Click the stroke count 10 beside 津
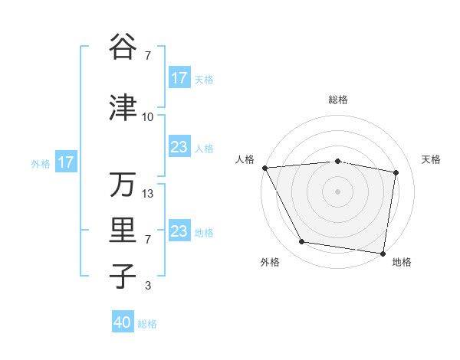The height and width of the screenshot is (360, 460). [147, 117]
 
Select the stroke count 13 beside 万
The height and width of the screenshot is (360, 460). [148, 194]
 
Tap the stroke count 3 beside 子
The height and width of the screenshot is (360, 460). [148, 286]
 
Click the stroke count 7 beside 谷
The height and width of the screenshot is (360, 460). [148, 56]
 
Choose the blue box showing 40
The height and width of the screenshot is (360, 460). [123, 323]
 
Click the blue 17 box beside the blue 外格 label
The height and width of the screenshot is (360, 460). [66, 162]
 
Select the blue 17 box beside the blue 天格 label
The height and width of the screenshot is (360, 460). [179, 78]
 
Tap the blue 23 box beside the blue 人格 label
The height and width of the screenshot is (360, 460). [179, 147]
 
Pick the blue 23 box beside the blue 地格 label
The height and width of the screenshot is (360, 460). [179, 231]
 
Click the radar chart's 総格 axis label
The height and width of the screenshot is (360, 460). [338, 100]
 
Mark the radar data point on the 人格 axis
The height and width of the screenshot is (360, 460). [264, 168]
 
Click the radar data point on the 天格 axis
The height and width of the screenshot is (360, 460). [396, 172]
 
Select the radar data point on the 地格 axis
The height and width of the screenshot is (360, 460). [383, 253]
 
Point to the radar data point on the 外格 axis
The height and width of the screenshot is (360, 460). [301, 242]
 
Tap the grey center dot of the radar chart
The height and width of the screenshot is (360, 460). [338, 191]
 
